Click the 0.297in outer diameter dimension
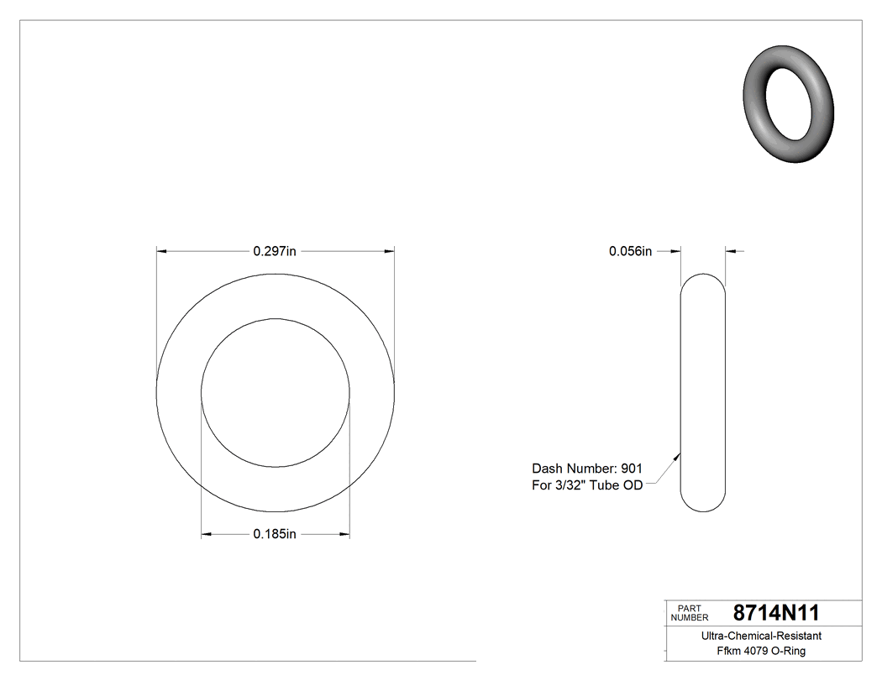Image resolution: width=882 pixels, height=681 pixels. (276, 251)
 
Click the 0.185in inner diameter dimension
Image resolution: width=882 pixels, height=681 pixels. (276, 534)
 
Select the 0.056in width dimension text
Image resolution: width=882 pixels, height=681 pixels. (631, 251)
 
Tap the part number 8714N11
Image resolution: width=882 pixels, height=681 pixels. (775, 613)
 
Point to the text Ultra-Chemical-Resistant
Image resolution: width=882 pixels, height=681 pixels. (762, 636)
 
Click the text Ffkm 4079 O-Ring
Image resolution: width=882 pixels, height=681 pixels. (762, 652)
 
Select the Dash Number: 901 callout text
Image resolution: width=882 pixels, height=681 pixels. (587, 469)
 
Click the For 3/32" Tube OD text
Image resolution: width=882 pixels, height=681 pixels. (587, 485)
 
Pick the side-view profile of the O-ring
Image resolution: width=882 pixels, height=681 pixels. (703, 393)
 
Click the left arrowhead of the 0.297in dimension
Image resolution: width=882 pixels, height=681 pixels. (162, 250)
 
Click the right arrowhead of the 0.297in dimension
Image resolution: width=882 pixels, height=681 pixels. (389, 250)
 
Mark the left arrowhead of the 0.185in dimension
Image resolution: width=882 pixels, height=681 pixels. (207, 533)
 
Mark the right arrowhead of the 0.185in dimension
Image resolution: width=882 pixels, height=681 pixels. (344, 533)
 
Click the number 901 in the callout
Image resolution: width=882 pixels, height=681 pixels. (632, 469)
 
